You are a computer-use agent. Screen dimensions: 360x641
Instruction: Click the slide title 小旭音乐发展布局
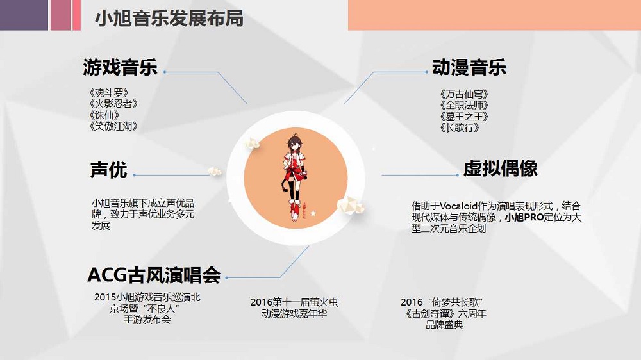[x=169, y=18]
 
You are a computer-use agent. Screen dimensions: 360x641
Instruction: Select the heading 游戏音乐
[x=120, y=67]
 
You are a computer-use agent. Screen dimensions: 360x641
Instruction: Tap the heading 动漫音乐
[x=470, y=67]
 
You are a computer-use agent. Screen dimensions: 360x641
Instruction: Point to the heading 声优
[x=108, y=170]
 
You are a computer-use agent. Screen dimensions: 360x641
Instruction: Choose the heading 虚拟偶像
[x=501, y=168]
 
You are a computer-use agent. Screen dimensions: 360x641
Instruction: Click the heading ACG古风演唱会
[x=154, y=275]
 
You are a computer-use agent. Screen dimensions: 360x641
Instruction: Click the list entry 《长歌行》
[x=460, y=128]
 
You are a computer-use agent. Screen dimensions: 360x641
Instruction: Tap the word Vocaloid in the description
[x=462, y=206]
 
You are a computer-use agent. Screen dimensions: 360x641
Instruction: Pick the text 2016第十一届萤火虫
[x=294, y=302]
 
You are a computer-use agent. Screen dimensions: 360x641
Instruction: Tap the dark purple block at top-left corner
[x=24, y=15]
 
